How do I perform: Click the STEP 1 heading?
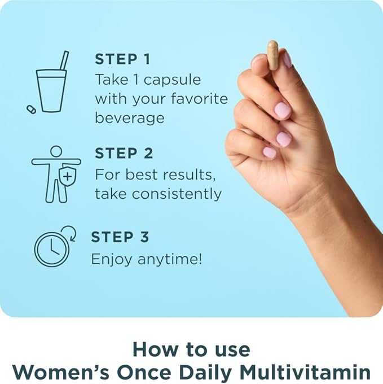(124, 59)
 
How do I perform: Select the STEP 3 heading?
(120, 237)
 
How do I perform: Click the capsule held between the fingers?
(273, 55)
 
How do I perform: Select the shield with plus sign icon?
(67, 177)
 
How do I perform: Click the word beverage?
(129, 118)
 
